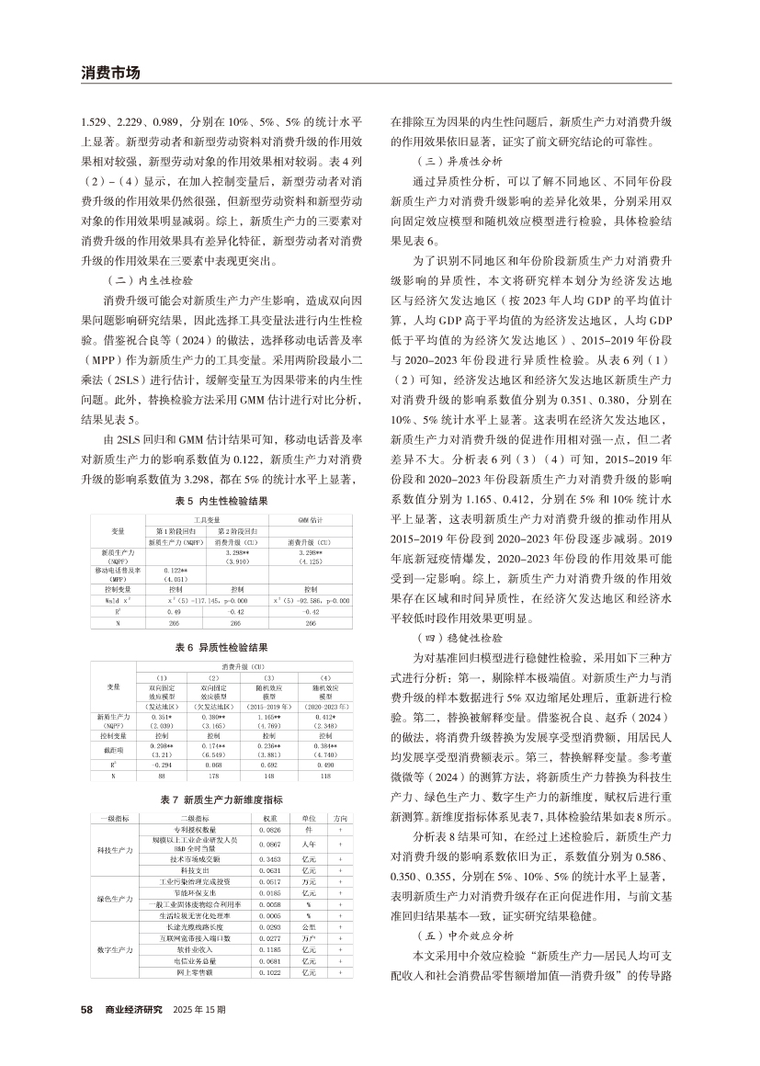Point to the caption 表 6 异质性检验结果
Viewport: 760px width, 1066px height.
click(x=223, y=647)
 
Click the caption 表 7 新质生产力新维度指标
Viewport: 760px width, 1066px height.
click(x=223, y=799)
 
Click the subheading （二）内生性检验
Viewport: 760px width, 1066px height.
click(x=151, y=278)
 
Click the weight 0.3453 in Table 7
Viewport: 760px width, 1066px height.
click(x=269, y=857)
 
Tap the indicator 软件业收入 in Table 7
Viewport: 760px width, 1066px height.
click(x=197, y=947)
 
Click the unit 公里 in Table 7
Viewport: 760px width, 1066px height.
click(x=309, y=927)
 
